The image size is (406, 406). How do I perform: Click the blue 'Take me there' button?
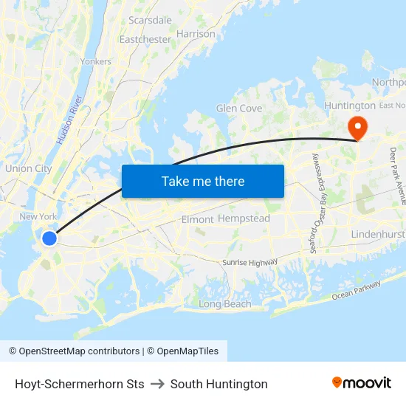(203, 181)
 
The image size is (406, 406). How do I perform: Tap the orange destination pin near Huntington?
(357, 127)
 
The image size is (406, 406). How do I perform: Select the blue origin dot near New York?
(49, 238)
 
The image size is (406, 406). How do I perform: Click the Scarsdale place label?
(150, 20)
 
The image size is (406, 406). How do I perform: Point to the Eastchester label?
(145, 38)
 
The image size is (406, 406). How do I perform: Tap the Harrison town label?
(196, 34)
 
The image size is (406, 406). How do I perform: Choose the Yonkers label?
(96, 62)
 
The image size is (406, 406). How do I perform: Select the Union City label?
(28, 168)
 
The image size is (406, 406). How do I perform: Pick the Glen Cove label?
(239, 109)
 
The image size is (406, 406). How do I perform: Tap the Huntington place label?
(350, 106)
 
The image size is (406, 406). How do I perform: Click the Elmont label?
(197, 219)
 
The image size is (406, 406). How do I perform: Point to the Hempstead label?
(244, 219)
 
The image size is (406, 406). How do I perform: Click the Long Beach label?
(225, 304)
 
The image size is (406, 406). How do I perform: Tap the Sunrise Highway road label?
(250, 262)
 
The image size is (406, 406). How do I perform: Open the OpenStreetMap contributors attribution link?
(76, 351)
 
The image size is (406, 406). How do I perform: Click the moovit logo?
(362, 383)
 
